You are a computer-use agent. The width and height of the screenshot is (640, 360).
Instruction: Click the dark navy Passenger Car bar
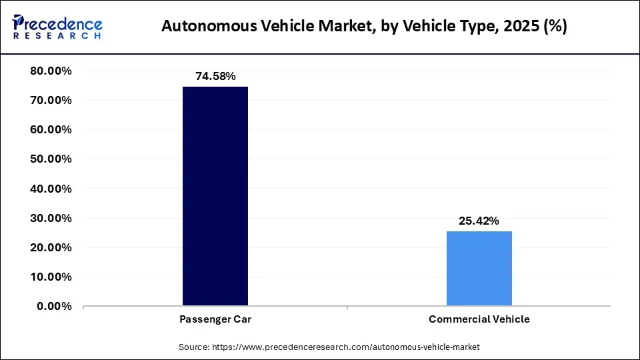(x=215, y=196)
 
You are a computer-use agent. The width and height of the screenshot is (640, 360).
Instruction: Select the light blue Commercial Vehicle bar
(x=479, y=268)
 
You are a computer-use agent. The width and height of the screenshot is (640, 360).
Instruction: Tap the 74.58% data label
(x=215, y=77)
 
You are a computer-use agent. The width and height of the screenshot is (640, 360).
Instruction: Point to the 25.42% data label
(x=479, y=221)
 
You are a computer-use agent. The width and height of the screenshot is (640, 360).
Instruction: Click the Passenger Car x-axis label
(x=215, y=319)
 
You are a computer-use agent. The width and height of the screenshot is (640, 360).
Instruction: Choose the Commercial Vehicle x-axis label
(x=479, y=319)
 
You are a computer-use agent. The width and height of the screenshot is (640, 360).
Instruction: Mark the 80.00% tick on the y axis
(x=51, y=71)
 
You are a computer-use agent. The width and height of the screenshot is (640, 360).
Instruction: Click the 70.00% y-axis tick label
(x=51, y=101)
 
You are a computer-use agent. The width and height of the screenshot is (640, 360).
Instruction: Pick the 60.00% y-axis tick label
(x=51, y=130)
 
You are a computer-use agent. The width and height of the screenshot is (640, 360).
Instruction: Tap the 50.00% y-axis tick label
(x=51, y=159)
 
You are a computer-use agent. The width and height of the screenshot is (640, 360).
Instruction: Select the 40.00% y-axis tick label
(x=51, y=189)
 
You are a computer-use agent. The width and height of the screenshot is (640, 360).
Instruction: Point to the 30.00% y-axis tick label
(x=51, y=218)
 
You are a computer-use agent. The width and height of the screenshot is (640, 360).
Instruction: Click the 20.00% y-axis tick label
(x=51, y=247)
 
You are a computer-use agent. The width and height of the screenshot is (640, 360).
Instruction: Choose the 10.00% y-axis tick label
(x=51, y=277)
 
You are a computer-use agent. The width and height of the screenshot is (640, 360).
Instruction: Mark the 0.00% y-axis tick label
(x=54, y=306)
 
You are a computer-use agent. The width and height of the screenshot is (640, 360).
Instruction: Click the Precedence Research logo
(x=57, y=27)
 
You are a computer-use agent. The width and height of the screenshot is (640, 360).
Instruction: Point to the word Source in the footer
(x=193, y=347)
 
